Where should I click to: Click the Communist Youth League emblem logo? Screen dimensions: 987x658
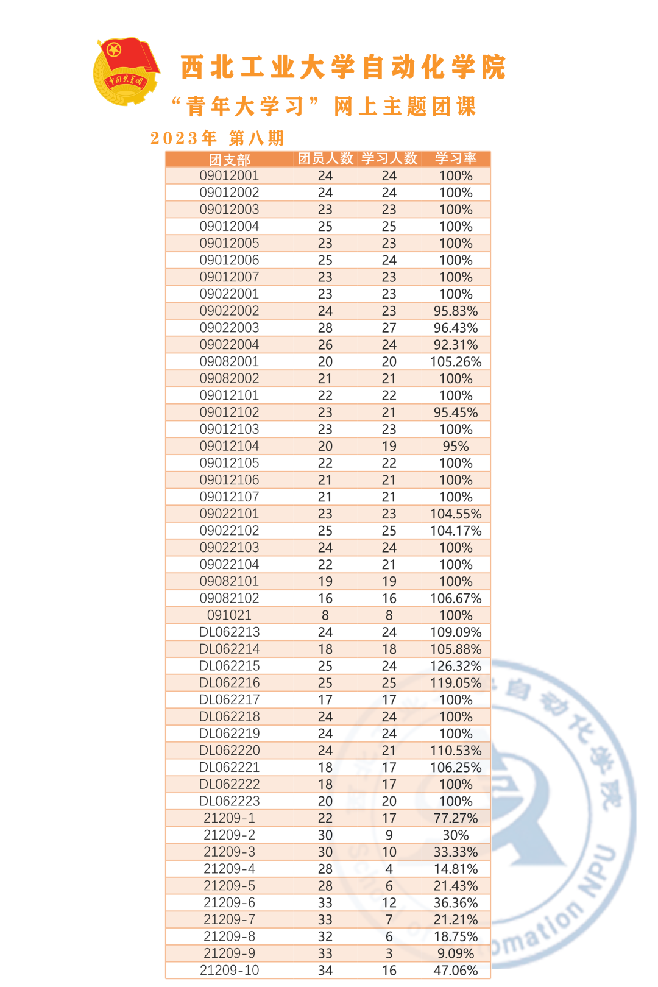coord(126,72)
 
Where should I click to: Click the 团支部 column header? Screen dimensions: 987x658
coord(230,160)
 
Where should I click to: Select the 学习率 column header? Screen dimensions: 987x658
coord(456,159)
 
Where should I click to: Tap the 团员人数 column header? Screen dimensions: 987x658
coord(325,159)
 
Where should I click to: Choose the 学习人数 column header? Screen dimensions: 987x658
coord(389,159)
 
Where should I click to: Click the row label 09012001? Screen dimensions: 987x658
coord(230,176)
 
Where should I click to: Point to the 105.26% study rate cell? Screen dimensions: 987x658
coord(456,362)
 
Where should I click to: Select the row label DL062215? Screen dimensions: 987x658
coord(230,666)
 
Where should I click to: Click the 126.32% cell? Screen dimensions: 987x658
coord(456,666)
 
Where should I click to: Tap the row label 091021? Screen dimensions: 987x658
coord(230,615)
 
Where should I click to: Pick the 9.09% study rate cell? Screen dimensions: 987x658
coord(456,953)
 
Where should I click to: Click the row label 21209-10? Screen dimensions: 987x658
coord(230,971)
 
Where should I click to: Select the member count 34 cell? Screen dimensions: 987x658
coord(325,971)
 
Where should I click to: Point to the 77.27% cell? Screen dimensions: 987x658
coord(456,818)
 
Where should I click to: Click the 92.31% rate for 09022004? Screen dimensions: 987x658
coord(456,345)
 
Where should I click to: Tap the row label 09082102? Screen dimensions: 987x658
coord(230,598)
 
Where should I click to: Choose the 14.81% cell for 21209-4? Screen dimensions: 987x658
coord(456,869)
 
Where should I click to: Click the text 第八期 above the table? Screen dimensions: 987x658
coord(256,138)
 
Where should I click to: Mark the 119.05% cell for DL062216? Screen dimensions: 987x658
coord(456,683)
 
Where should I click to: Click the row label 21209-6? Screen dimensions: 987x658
coord(230,903)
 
